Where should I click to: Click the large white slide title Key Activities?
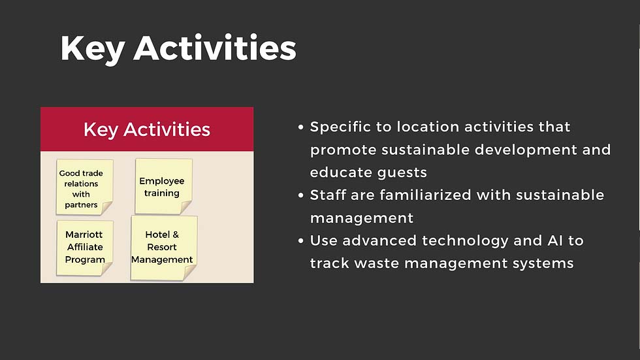pyautogui.click(x=178, y=48)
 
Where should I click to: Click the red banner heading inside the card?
pyautogui.click(x=147, y=129)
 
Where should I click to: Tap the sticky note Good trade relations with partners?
pyautogui.click(x=84, y=188)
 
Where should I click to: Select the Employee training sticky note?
pyautogui.click(x=163, y=186)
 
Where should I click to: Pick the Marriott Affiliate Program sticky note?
pyautogui.click(x=84, y=248)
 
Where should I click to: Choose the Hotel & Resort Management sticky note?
pyautogui.click(x=164, y=248)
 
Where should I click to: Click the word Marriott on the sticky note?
pyautogui.click(x=84, y=235)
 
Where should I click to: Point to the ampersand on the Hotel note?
pyautogui.click(x=176, y=235)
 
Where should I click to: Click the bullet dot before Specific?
pyautogui.click(x=301, y=127)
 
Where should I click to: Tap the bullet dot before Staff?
pyautogui.click(x=301, y=195)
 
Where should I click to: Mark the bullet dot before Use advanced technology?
pyautogui.click(x=301, y=241)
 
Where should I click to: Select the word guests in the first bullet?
pyautogui.click(x=402, y=173)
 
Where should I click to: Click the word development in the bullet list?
pyautogui.click(x=526, y=150)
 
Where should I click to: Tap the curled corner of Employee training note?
pyautogui.click(x=186, y=208)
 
